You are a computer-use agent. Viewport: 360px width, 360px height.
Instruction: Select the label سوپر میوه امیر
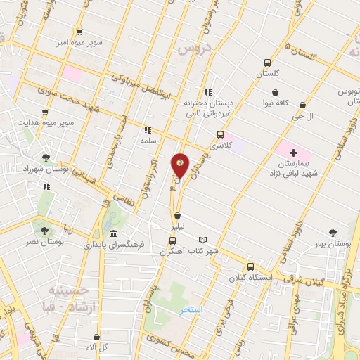pos(81,43)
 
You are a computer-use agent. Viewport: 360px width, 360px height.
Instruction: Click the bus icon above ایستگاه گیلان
pos(250,266)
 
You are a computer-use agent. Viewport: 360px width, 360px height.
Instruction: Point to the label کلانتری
pos(221,145)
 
